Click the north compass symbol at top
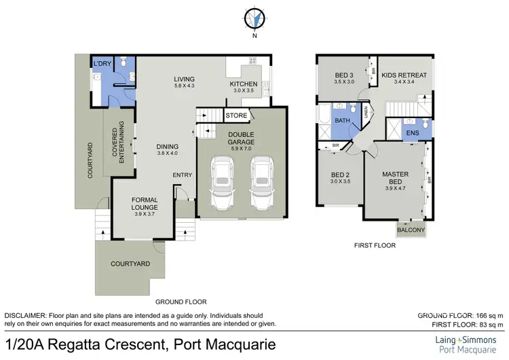255,18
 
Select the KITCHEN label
242,84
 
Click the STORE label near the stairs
237,115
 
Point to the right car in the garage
262,184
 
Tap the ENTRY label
183,175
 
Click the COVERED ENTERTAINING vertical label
117,141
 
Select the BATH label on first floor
342,122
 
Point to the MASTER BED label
394,178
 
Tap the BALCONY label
411,230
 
